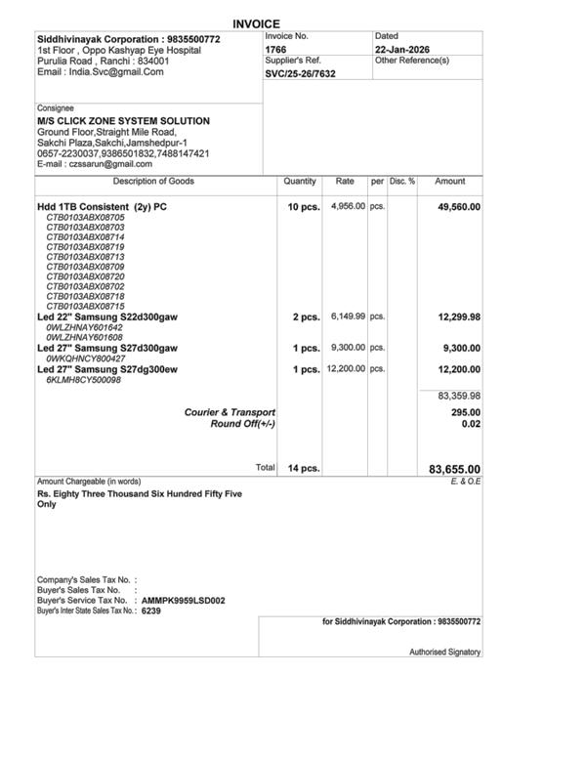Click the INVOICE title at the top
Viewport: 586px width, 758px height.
coord(257,23)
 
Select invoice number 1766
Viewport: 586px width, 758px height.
coord(275,49)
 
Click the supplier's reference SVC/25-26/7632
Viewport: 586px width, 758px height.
coord(300,73)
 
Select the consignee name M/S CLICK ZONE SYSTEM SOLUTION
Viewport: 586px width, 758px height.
coord(123,121)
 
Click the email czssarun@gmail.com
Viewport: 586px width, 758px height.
coord(95,164)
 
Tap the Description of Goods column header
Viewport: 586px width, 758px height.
coord(153,182)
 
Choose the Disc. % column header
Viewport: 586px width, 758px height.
coord(402,182)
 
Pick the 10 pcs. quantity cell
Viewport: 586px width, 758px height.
coord(303,208)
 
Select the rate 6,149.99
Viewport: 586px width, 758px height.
coord(348,316)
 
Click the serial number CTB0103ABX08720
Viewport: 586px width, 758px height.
coord(86,276)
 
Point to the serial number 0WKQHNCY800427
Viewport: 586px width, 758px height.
coord(85,358)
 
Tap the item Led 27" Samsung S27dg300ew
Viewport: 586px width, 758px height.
coord(107,369)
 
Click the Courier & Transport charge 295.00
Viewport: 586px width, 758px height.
coord(464,412)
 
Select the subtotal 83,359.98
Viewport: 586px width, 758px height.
coord(458,396)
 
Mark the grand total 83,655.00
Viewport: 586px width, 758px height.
coord(454,469)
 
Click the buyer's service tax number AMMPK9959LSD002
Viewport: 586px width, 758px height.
coord(184,601)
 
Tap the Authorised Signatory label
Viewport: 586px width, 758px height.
coord(444,652)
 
